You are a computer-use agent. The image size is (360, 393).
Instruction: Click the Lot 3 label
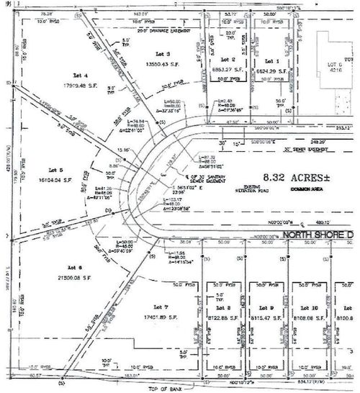tap(162, 54)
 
